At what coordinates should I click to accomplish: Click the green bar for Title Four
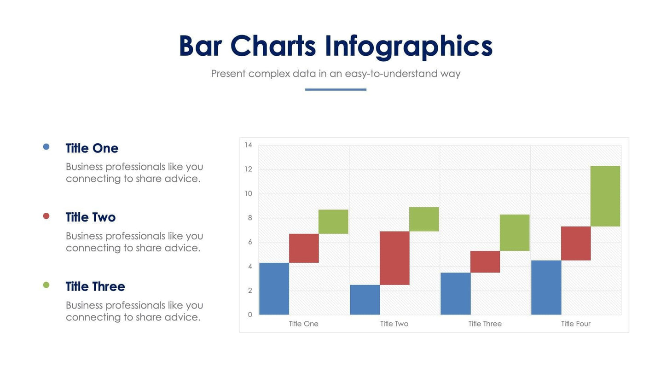(605, 196)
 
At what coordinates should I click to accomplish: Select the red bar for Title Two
(394, 258)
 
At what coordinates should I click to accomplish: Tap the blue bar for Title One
(274, 289)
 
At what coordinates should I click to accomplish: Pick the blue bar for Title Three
(455, 294)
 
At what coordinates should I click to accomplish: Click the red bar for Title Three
(485, 262)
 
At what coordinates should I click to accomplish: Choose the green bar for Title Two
(424, 219)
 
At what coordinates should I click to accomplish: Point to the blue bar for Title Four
(546, 288)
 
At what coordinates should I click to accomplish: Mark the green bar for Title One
(333, 221)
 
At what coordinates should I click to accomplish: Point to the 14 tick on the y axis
(249, 145)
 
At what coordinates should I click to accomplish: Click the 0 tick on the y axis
(250, 315)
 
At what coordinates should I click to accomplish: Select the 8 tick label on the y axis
(250, 218)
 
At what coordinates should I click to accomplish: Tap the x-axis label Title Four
(575, 324)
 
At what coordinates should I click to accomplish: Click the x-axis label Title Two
(394, 324)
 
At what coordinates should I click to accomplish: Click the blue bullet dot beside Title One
(46, 147)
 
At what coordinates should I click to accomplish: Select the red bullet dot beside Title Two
(46, 216)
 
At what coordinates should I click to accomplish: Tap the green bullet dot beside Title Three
(46, 285)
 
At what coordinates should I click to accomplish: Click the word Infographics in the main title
(408, 47)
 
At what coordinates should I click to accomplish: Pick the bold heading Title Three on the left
(95, 286)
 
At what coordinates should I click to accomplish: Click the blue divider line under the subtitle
(336, 89)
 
